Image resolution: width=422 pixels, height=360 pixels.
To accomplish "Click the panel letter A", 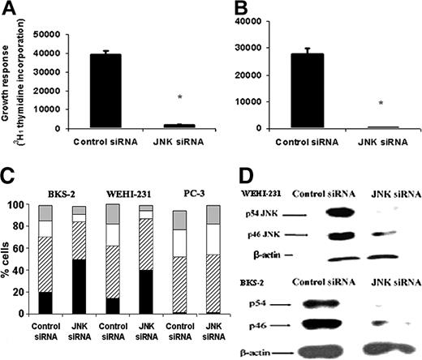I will tap(11, 11).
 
